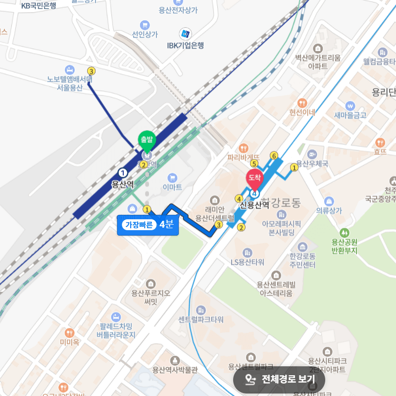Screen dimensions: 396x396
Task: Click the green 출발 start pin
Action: pos(147,140)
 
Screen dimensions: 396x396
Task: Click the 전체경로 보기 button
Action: pos(279,380)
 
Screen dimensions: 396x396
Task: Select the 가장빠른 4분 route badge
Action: pos(148,225)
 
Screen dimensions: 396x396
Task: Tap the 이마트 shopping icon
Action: pos(172,178)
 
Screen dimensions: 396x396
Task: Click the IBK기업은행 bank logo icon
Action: pos(185,34)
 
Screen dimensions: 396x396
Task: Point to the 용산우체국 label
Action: pos(312,164)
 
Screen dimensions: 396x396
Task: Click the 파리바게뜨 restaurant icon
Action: pos(244,148)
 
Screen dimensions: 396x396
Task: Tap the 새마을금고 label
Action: pos(350,115)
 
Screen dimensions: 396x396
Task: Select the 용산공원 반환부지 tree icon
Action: pos(344,232)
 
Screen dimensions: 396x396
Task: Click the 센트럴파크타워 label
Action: pos(201,319)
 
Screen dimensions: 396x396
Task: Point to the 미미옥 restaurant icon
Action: pos(69,333)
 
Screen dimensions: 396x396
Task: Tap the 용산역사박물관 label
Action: pos(175,369)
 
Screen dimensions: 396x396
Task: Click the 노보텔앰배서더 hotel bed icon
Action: pos(70,69)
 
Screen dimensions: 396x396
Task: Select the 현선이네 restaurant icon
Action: pos(302,102)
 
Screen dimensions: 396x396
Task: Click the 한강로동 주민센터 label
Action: pos(302,260)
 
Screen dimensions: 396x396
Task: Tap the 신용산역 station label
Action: pos(254,204)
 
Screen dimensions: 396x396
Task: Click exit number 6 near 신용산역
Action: pos(274,155)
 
